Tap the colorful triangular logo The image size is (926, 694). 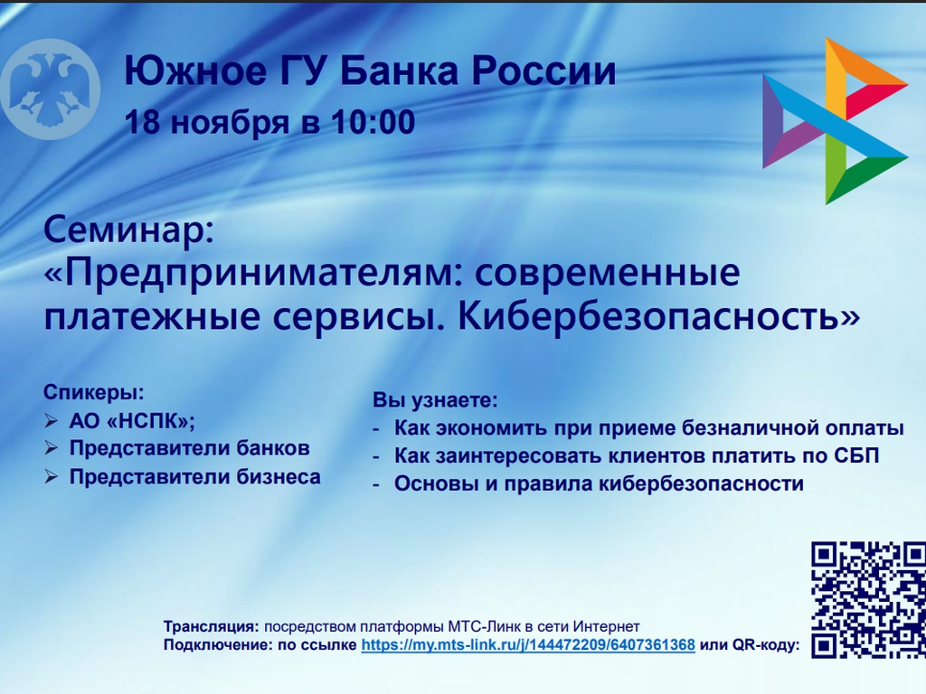[x=835, y=121]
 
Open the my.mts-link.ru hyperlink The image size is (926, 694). [x=528, y=644]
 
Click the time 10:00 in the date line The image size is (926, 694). [x=373, y=122]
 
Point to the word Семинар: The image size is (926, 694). [x=128, y=230]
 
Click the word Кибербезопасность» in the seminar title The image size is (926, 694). [x=659, y=315]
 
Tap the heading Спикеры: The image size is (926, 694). [x=94, y=392]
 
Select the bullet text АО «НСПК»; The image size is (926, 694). [x=132, y=421]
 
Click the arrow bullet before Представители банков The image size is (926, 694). [x=52, y=448]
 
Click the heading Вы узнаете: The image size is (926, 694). [x=435, y=400]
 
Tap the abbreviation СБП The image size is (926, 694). [x=857, y=455]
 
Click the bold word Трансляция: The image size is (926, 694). [x=212, y=626]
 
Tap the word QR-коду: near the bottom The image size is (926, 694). [x=766, y=645]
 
